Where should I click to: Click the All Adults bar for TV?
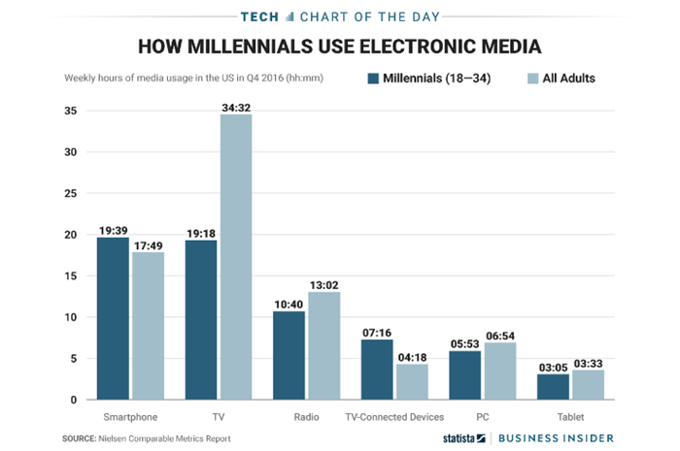coord(236,257)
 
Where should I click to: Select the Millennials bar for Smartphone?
coord(113,318)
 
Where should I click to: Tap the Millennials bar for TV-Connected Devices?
coord(377,370)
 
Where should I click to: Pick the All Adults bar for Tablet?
coord(588,385)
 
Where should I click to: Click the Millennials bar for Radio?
coord(289,355)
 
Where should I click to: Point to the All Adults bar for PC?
coord(500,370)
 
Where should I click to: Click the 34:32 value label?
coord(236,108)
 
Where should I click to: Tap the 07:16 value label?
coord(377,333)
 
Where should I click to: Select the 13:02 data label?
coord(323,285)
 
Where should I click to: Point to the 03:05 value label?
coord(553,368)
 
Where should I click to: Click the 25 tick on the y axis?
coord(71,193)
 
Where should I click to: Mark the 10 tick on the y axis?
coord(71,317)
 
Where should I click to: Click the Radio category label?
coord(306,417)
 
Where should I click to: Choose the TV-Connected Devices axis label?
coord(394,417)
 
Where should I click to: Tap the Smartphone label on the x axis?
coord(130,417)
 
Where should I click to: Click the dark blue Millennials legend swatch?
coord(373,79)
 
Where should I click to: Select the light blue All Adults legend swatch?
coord(532,79)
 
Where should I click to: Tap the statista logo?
coord(464,438)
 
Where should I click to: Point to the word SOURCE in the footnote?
coord(80,438)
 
